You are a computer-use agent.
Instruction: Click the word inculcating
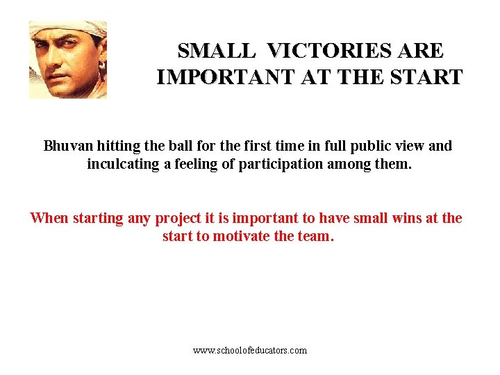124,165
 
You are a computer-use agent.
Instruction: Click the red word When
49,218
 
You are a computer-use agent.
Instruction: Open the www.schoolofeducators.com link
250,351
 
